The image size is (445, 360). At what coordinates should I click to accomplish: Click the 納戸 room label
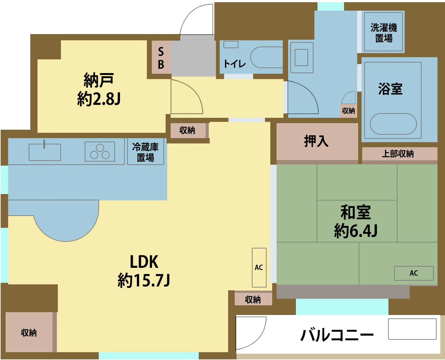(99, 80)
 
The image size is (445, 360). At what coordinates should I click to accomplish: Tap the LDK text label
(144, 262)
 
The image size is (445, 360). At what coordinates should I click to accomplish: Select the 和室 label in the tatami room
(356, 212)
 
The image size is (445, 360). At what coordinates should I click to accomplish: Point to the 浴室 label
(390, 89)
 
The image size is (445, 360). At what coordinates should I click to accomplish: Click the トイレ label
(234, 64)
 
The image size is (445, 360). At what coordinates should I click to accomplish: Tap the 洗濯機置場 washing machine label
(384, 33)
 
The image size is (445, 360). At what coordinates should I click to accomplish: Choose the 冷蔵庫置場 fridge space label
(145, 152)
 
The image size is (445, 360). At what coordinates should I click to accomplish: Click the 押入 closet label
(316, 141)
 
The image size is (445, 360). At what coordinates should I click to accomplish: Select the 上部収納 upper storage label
(398, 154)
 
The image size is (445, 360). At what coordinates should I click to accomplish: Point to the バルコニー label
(337, 335)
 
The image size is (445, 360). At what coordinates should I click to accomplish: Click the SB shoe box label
(161, 58)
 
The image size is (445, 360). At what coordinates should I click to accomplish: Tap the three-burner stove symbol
(100, 152)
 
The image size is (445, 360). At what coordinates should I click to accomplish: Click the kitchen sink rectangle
(45, 152)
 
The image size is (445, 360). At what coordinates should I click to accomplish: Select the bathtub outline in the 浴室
(393, 124)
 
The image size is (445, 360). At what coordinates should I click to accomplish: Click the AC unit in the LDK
(259, 267)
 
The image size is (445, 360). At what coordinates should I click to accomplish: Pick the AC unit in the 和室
(414, 273)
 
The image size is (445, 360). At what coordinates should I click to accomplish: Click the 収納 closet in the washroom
(348, 111)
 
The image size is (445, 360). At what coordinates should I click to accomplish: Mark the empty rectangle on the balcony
(412, 329)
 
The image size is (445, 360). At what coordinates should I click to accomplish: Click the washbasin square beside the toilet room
(302, 57)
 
